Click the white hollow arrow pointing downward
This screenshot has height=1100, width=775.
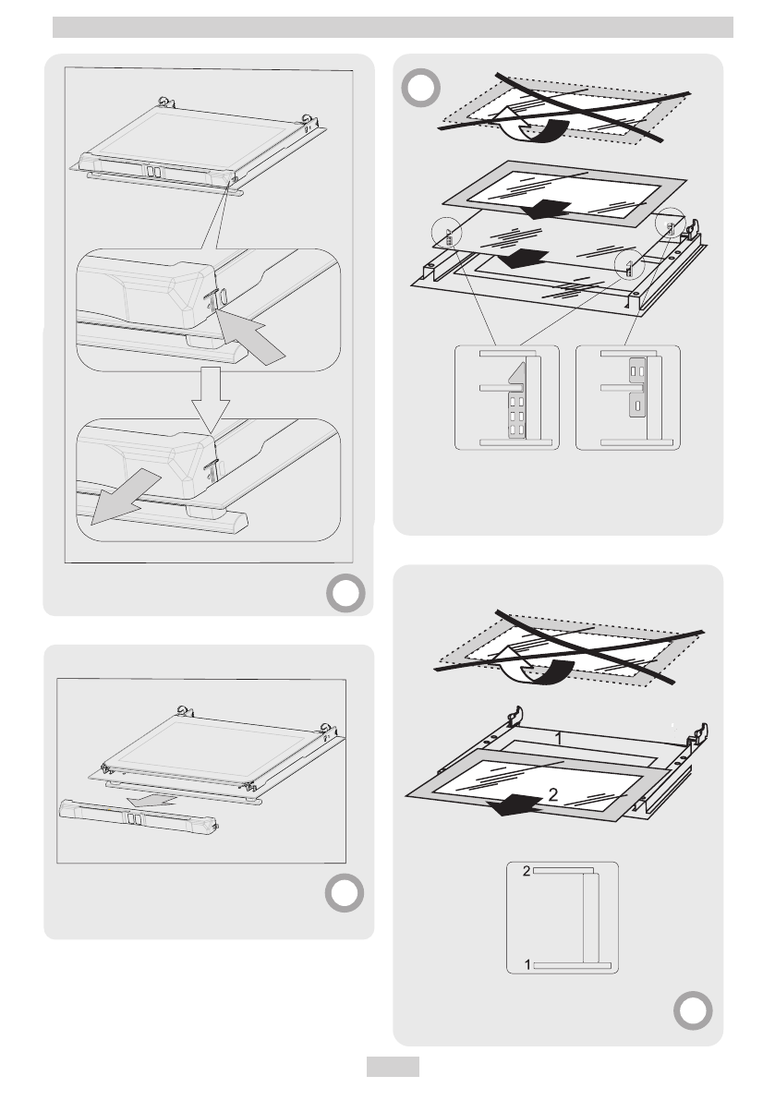[211, 400]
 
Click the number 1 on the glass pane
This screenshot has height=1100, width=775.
[559, 738]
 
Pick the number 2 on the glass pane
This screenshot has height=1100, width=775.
[553, 794]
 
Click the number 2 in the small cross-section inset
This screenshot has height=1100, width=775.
[526, 871]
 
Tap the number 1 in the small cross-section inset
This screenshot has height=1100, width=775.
[527, 965]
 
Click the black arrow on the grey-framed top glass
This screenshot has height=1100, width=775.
[546, 209]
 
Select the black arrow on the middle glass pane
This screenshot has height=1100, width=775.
[526, 258]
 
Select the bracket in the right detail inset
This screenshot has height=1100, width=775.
[637, 387]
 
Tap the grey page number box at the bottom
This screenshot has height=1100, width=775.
[393, 1067]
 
